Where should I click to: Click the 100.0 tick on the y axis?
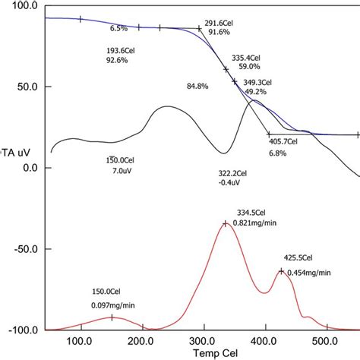coord(24,5)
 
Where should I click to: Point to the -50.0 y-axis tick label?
coord(24,248)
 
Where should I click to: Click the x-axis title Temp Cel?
coord(202,353)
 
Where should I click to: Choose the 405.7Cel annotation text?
coord(287,141)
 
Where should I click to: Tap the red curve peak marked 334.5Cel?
coord(226,223)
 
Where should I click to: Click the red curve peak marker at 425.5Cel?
coord(281,271)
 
